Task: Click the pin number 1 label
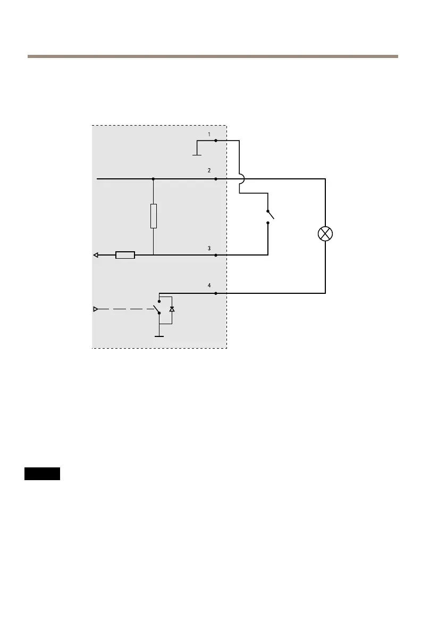tap(209, 134)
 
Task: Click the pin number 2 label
tap(209, 171)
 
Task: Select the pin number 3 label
tap(209, 248)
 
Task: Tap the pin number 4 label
tap(209, 286)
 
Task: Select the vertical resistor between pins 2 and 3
tap(153, 216)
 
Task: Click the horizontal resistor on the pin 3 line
tap(125, 255)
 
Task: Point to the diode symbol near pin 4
tap(171, 309)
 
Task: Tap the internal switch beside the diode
tap(156, 308)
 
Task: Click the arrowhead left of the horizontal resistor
tap(96, 255)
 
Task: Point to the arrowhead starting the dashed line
tap(96, 309)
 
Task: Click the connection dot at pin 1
tap(215, 141)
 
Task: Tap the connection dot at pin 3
tap(215, 255)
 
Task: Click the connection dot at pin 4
tap(215, 293)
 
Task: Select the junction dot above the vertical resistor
tap(153, 179)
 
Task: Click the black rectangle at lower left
tap(42, 474)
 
